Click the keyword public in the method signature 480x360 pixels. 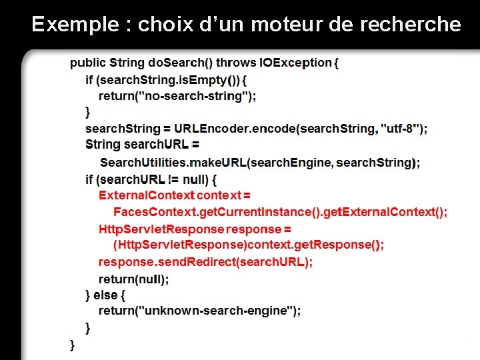(87, 63)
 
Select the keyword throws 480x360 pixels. (236, 63)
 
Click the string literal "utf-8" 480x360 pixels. (400, 129)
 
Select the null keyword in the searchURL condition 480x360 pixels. (195, 179)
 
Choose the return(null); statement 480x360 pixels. (133, 279)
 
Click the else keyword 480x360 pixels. (105, 295)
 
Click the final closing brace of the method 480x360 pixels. (72, 345)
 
